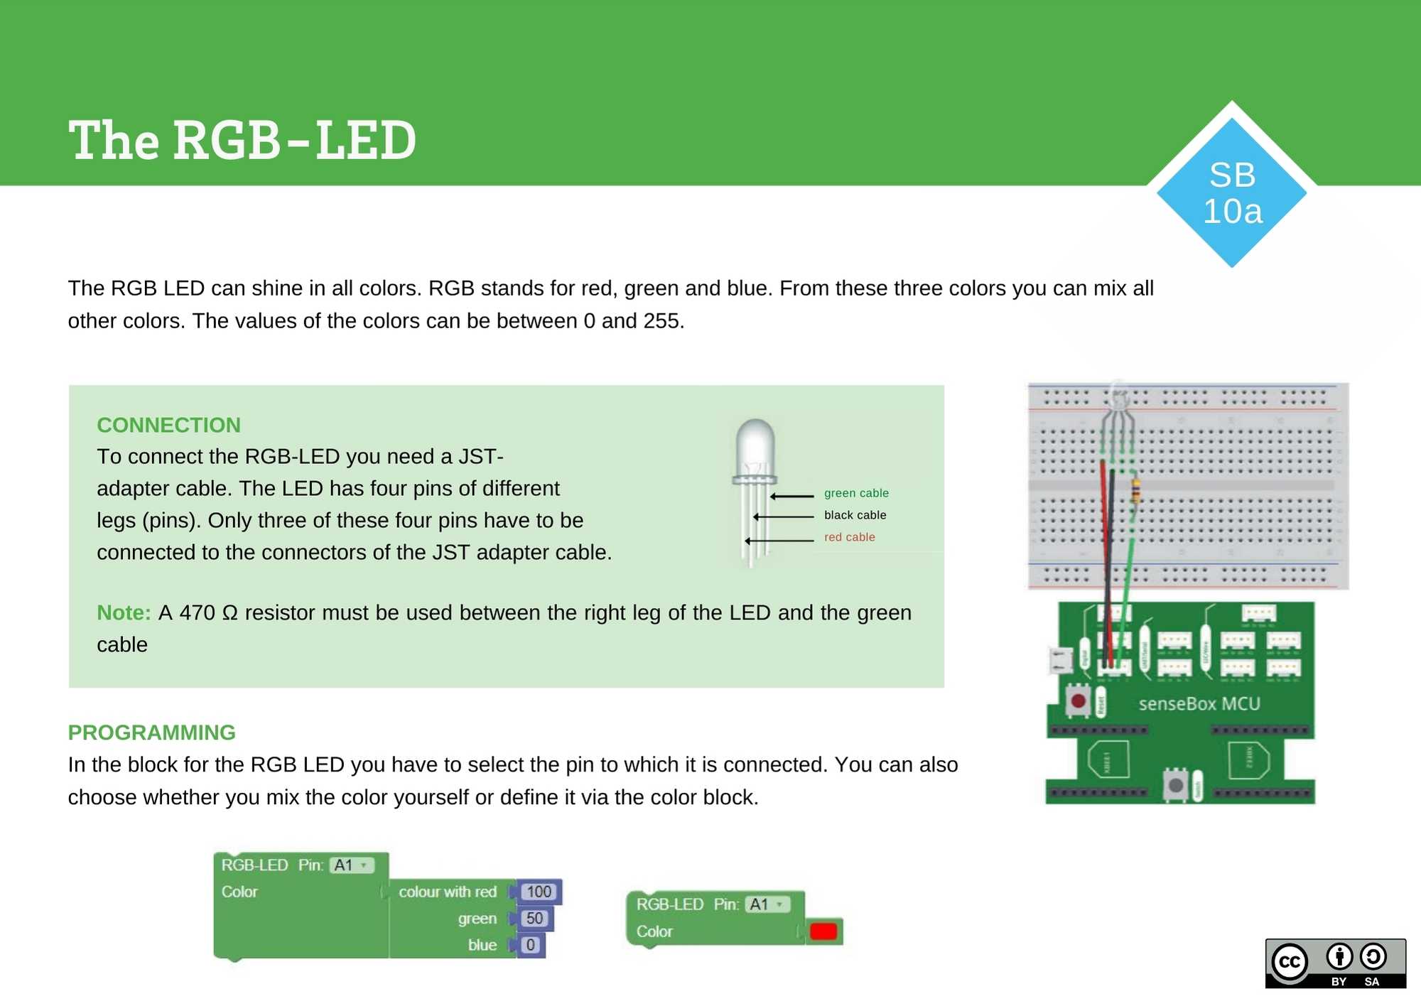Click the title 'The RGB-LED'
[242, 140]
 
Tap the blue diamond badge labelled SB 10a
[1231, 193]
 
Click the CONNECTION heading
[168, 425]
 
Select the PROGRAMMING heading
[151, 732]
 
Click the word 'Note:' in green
[124, 612]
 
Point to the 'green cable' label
[855, 493]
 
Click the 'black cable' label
[855, 515]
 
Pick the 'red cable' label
[849, 537]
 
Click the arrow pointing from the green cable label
[792, 496]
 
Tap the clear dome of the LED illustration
[755, 444]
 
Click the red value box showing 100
[539, 892]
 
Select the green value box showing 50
[534, 919]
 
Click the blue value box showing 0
[530, 946]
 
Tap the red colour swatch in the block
[823, 931]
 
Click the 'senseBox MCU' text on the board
[1199, 704]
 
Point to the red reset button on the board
[1078, 702]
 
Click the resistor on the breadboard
[1135, 490]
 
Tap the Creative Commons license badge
[1335, 963]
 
